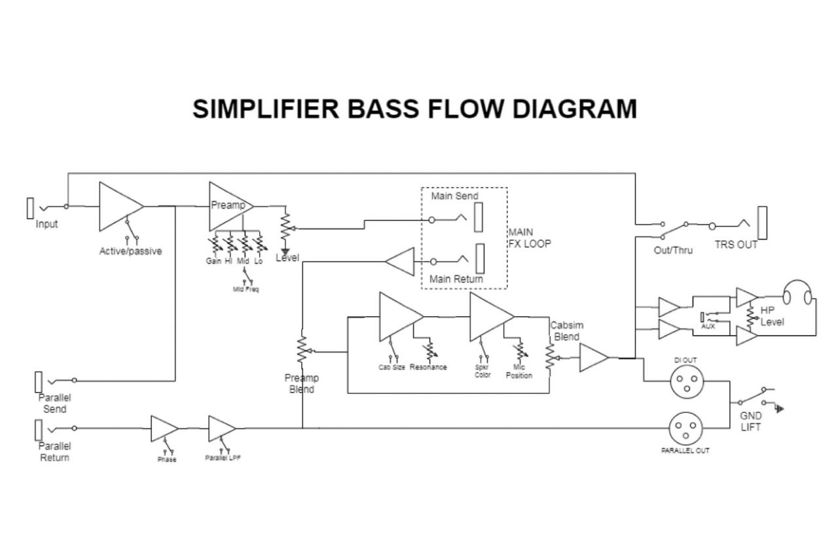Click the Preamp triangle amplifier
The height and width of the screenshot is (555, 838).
228,206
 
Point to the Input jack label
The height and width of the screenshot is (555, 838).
46,224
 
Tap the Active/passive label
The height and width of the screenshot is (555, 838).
130,251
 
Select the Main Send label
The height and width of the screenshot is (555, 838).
454,196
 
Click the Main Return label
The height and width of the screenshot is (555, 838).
456,279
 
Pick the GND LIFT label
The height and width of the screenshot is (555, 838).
751,421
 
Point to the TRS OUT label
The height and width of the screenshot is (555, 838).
735,245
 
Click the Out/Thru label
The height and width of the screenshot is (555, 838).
673,250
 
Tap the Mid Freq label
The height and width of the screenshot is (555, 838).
246,289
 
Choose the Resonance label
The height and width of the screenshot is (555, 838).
428,367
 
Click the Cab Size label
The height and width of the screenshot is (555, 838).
392,367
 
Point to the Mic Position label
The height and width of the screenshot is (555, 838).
519,372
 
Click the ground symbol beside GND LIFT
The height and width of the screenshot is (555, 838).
779,409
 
